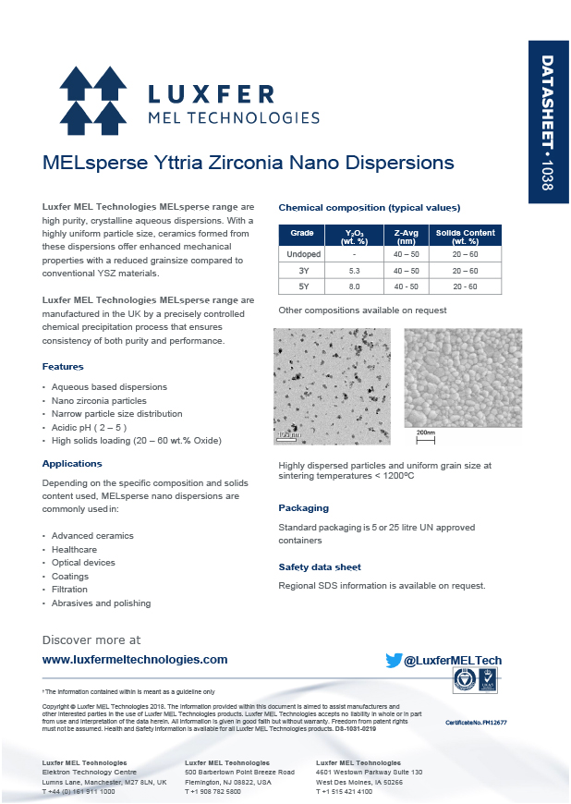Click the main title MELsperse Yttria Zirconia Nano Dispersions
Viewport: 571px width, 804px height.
pyautogui.click(x=249, y=164)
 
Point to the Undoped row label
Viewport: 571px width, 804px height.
pyautogui.click(x=302, y=254)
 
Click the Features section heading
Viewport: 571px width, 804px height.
pyautogui.click(x=63, y=367)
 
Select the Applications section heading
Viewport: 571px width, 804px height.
pyautogui.click(x=72, y=464)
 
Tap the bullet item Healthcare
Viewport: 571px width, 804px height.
pyautogui.click(x=75, y=549)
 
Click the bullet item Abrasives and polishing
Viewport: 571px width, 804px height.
pyautogui.click(x=101, y=603)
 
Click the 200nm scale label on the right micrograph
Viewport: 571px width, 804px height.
pyautogui.click(x=425, y=432)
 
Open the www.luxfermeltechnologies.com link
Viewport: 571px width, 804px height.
pyautogui.click(x=135, y=660)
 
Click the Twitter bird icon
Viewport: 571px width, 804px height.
pyautogui.click(x=394, y=661)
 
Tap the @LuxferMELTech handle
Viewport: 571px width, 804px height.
pyautogui.click(x=453, y=661)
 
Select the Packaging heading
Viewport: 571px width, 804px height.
pyautogui.click(x=303, y=508)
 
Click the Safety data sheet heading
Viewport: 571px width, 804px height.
pyautogui.click(x=320, y=567)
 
